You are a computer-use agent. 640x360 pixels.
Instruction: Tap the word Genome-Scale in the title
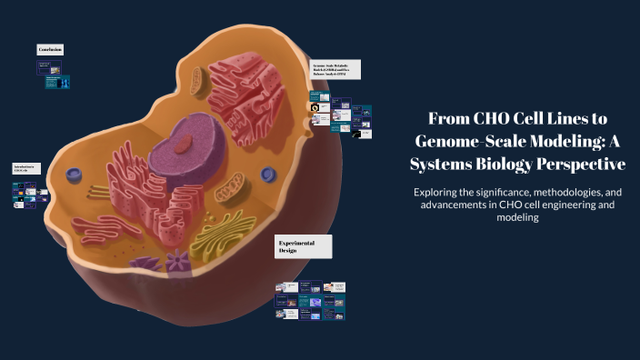pyautogui.click(x=460, y=141)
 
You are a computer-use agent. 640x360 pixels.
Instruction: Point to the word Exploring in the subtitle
pyautogui.click(x=441, y=193)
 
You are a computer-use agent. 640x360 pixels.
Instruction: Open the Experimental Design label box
pyautogui.click(x=303, y=246)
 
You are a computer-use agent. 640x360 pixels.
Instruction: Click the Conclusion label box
pyautogui.click(x=50, y=48)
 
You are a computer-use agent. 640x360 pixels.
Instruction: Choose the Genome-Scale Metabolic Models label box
pyautogui.click(x=335, y=70)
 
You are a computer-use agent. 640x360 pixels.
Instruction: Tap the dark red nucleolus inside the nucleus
pyautogui.click(x=185, y=143)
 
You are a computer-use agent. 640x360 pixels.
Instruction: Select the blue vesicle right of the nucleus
pyautogui.click(x=267, y=174)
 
